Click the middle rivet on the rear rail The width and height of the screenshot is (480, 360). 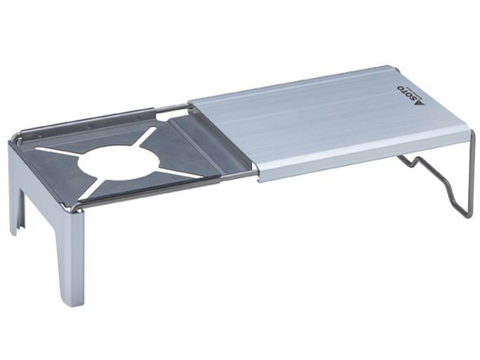[90, 126]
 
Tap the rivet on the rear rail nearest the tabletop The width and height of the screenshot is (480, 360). [138, 119]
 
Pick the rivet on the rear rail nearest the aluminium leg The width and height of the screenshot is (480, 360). [40, 135]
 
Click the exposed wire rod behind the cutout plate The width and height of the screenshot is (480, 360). [173, 107]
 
